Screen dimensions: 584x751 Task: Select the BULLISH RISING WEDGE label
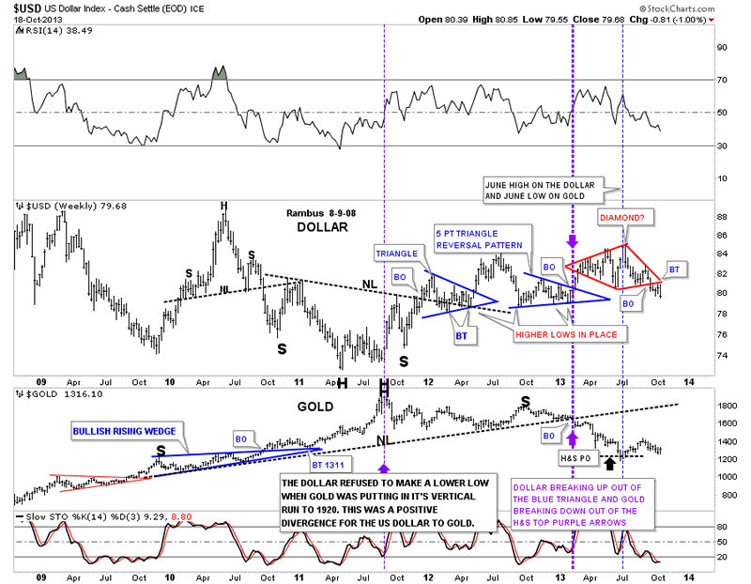[x=128, y=430]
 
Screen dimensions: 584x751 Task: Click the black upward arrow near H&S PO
[x=610, y=461]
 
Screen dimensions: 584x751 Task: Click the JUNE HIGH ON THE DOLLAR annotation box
[x=545, y=190]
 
